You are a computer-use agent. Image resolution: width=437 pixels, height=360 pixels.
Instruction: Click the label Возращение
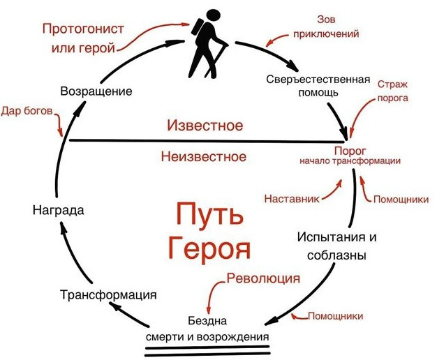[x=96, y=91]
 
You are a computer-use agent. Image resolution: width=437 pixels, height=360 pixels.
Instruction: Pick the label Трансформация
[x=107, y=294]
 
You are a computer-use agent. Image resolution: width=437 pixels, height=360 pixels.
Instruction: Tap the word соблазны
[x=337, y=255]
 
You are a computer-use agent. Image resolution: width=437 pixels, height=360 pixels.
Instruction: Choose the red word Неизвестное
[x=204, y=156]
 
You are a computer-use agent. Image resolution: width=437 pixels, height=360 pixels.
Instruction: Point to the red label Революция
[x=263, y=278]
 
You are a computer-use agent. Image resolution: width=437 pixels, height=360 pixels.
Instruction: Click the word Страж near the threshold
[x=392, y=84]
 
